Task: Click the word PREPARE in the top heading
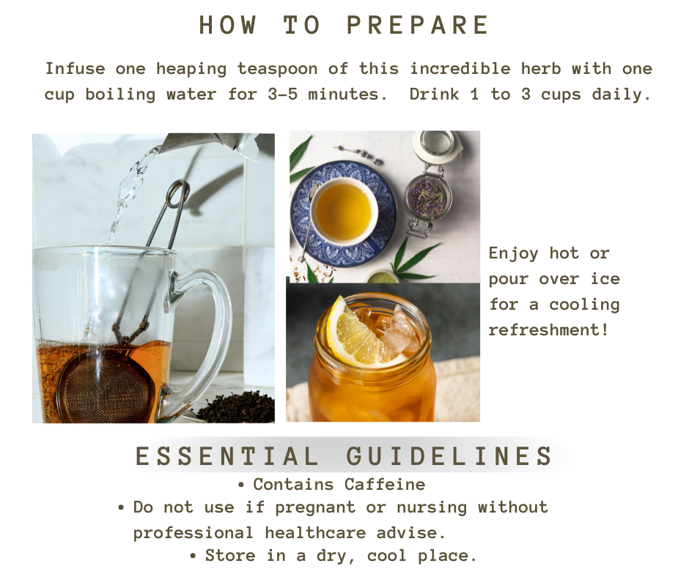[x=418, y=25]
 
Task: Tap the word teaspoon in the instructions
[x=277, y=69]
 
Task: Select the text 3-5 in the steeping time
[x=282, y=94]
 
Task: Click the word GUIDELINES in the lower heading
[x=449, y=455]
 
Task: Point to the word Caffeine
[x=385, y=484]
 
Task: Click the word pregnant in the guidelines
[x=315, y=508]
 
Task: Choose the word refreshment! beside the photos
[x=548, y=330]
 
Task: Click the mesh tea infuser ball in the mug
[x=106, y=387]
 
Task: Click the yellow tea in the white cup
[x=344, y=212]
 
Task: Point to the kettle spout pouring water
[x=207, y=144]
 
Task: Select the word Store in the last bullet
[x=230, y=556]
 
